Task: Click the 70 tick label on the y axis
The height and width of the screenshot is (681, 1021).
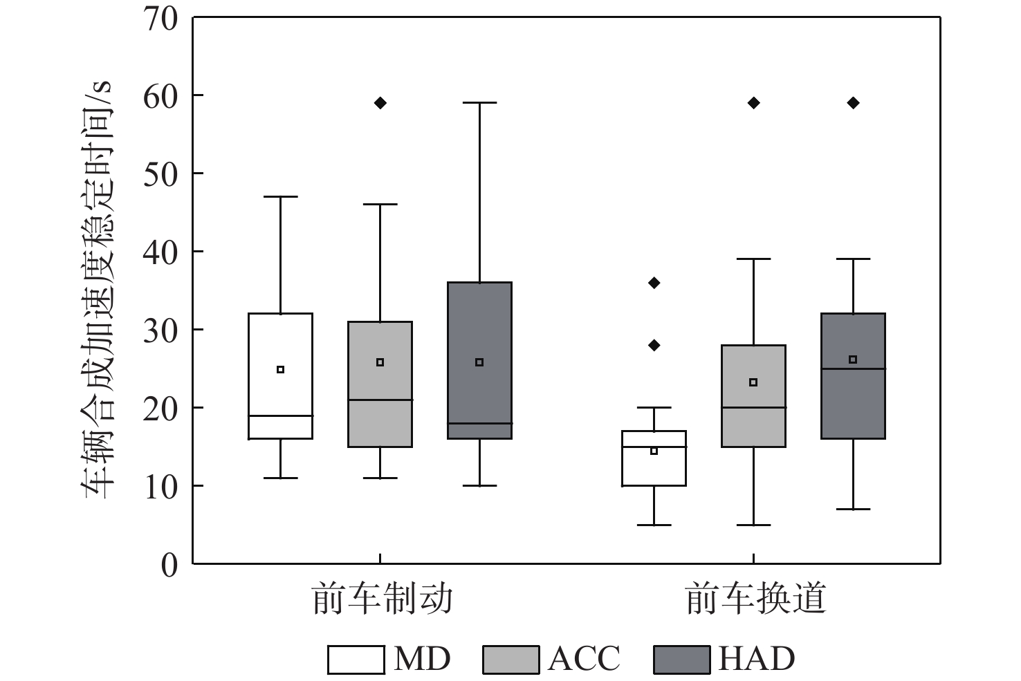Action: [x=160, y=18]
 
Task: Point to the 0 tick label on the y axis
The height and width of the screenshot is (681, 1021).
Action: [x=169, y=565]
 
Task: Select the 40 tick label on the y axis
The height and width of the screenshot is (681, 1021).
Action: [x=160, y=252]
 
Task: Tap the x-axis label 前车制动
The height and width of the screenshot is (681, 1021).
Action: [x=383, y=599]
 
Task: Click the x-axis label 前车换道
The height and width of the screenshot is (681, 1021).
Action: [x=756, y=599]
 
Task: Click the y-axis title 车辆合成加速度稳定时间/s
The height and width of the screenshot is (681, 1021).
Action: [x=98, y=290]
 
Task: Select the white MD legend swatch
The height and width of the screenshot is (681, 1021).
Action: [x=356, y=660]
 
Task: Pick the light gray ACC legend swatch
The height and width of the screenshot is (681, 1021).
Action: [x=510, y=660]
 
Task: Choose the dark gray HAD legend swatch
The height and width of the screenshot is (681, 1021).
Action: [x=681, y=660]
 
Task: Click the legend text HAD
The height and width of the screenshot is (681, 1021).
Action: [x=756, y=659]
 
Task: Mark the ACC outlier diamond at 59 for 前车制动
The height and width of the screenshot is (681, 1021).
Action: [x=380, y=103]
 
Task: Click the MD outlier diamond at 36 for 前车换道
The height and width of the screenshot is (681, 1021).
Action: [x=654, y=283]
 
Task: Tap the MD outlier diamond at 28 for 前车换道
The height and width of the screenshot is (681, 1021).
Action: [x=654, y=345]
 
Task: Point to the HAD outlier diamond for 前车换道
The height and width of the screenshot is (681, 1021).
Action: [x=853, y=103]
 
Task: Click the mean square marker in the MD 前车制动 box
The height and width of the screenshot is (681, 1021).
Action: [x=280, y=369]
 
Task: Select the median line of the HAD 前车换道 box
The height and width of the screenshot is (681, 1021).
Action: [x=853, y=369]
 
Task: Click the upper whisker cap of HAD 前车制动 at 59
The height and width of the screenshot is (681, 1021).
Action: [x=479, y=103]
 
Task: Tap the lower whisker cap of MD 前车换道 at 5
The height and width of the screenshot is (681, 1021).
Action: [x=654, y=525]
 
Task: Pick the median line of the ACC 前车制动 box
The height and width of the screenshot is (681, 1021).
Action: [x=380, y=400]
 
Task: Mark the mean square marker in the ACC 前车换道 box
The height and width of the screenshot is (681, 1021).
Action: [x=753, y=382]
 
